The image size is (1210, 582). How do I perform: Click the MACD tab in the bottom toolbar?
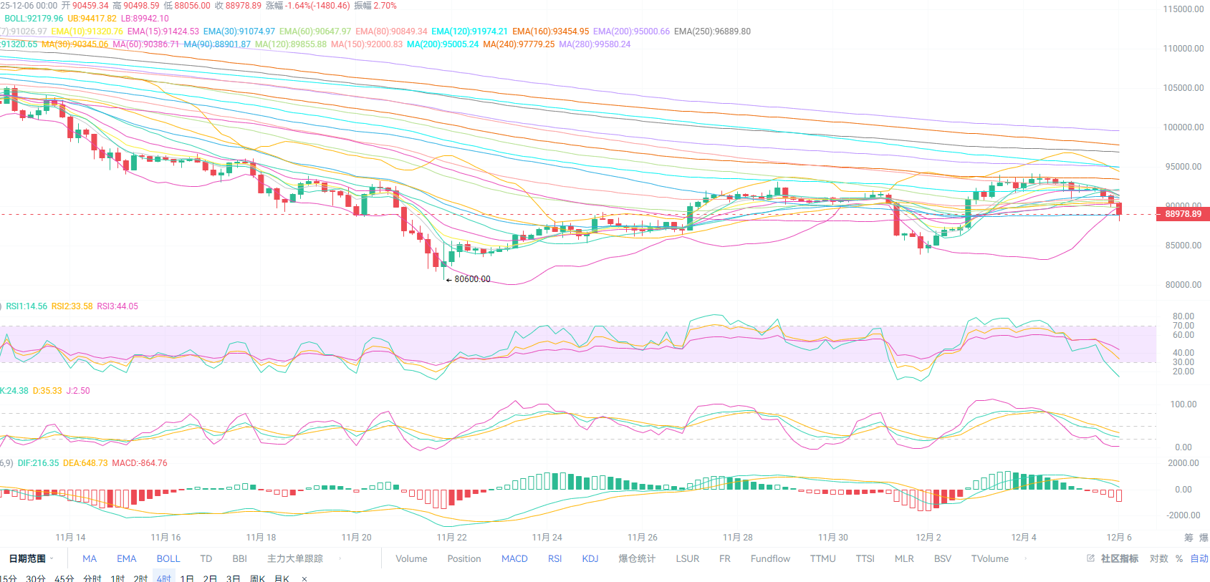pyautogui.click(x=514, y=558)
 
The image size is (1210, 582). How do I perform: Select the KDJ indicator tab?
pyautogui.click(x=590, y=558)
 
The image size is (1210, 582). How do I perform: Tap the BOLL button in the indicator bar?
pyautogui.click(x=168, y=558)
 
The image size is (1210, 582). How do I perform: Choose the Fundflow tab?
pyautogui.click(x=770, y=558)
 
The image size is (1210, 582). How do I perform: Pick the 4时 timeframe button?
pyautogui.click(x=164, y=578)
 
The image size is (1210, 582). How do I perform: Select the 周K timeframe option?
pyautogui.click(x=257, y=578)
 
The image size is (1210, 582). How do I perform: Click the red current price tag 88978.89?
pyautogui.click(x=1183, y=214)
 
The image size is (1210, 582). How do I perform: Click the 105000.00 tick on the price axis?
pyautogui.click(x=1183, y=88)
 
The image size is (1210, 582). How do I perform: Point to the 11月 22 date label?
pyautogui.click(x=451, y=538)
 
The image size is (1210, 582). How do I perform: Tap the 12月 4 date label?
pyautogui.click(x=1024, y=538)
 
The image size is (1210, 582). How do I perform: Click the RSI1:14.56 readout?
pyautogui.click(x=27, y=306)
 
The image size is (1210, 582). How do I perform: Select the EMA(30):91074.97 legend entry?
pyautogui.click(x=239, y=31)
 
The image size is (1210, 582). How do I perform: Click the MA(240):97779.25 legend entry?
pyautogui.click(x=519, y=44)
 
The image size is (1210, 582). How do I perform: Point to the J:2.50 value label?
pyautogui.click(x=78, y=391)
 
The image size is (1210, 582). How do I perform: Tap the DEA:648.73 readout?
pyautogui.click(x=85, y=463)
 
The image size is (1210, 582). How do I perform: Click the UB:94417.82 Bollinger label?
pyautogui.click(x=92, y=19)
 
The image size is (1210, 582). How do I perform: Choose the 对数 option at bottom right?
pyautogui.click(x=1158, y=558)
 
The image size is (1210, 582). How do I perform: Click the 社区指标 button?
pyautogui.click(x=1119, y=558)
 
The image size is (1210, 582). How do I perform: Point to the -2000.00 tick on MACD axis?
pyautogui.click(x=1183, y=515)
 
